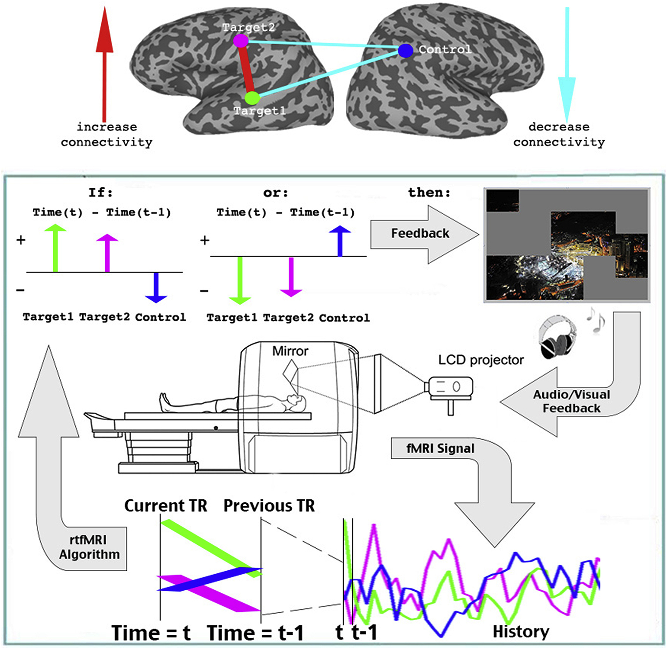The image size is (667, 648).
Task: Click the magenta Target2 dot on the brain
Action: [240, 41]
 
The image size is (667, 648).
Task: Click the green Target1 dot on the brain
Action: [252, 98]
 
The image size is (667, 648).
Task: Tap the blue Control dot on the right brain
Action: [405, 50]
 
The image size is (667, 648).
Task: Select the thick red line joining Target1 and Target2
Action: [246, 69]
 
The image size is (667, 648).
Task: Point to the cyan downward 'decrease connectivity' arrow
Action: [568, 64]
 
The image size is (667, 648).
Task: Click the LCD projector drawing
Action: [449, 388]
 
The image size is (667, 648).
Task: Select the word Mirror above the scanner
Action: [290, 351]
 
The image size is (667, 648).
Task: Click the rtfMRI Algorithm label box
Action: [90, 547]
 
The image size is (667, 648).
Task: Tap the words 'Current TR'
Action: [165, 506]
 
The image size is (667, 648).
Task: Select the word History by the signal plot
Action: [521, 631]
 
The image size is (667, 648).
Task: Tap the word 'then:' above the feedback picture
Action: [429, 193]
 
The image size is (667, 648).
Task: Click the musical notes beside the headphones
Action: [596, 320]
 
